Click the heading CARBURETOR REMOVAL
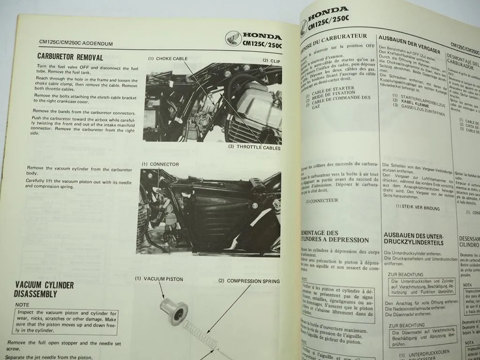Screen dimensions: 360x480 click(70, 57)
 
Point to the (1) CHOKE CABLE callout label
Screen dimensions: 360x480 click(168, 59)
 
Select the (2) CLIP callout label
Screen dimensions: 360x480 click(271, 60)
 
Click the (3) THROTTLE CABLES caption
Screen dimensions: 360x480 click(255, 148)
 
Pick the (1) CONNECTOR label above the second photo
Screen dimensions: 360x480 click(160, 164)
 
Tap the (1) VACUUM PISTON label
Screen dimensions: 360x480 click(159, 279)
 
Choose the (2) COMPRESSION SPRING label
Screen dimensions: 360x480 click(248, 281)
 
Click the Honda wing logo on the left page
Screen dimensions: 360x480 click(233, 39)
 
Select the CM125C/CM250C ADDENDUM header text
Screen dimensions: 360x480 click(75, 44)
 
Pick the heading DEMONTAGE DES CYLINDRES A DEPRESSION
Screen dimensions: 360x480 click(335, 237)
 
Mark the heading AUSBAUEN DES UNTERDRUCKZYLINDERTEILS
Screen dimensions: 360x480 click(413, 239)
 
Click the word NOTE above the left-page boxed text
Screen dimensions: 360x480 click(22, 305)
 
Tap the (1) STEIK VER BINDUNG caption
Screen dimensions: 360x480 click(418, 206)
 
